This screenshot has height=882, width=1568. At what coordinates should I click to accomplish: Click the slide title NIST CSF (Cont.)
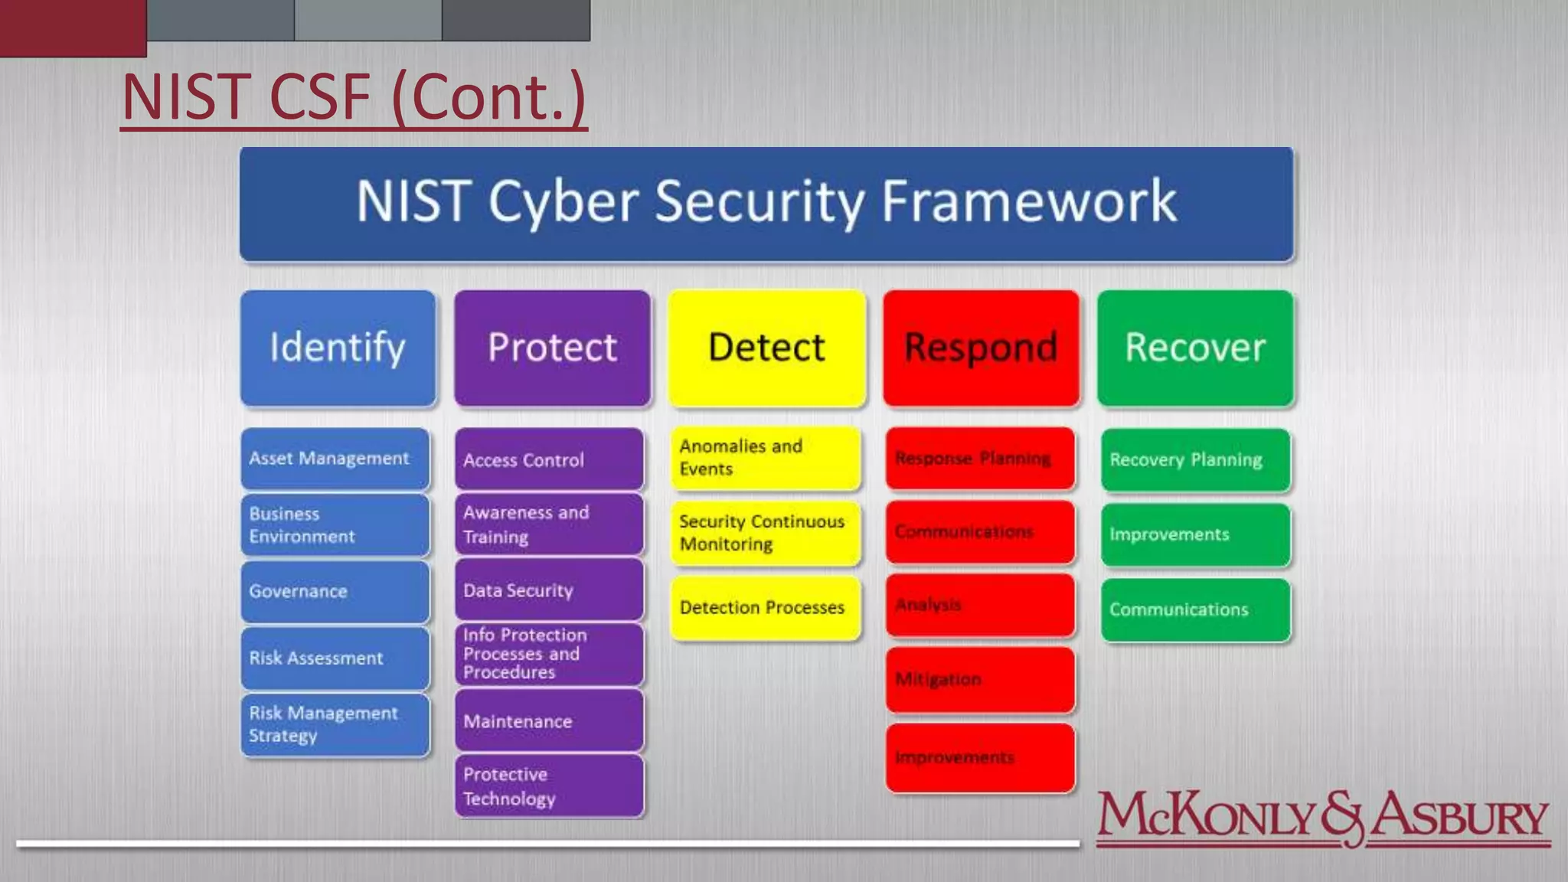click(x=354, y=97)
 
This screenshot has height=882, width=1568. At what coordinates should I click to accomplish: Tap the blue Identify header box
click(x=338, y=348)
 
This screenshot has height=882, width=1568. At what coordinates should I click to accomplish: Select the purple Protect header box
click(x=552, y=348)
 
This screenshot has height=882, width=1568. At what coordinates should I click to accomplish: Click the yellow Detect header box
click(x=766, y=348)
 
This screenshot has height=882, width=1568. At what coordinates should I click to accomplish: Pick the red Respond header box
click(x=981, y=348)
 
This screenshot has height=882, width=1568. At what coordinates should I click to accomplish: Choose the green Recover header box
click(x=1195, y=348)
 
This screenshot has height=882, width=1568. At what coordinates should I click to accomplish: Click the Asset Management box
click(x=335, y=459)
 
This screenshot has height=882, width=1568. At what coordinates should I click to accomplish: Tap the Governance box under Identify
click(x=335, y=592)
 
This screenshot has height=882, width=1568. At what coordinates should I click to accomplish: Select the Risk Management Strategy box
click(x=335, y=724)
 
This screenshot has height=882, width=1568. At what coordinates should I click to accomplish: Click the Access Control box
click(x=549, y=459)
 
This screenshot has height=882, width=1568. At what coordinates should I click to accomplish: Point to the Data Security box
click(x=549, y=590)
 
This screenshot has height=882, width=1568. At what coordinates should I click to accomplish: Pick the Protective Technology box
click(x=549, y=786)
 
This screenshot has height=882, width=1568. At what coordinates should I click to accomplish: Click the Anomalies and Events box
click(x=765, y=458)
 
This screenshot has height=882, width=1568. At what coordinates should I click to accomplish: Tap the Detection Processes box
click(x=765, y=608)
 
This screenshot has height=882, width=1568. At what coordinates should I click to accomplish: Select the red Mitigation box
click(x=980, y=680)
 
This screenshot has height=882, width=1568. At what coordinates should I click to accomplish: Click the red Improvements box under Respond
click(x=980, y=758)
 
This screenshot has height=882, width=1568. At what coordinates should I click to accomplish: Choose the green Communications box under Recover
click(x=1195, y=610)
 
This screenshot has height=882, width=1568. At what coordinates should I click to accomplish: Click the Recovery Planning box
click(x=1195, y=460)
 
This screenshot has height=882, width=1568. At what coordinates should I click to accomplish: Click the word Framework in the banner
click(x=1028, y=202)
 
